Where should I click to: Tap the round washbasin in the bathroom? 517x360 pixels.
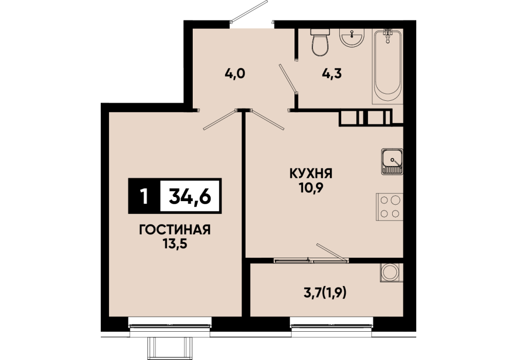click(352, 37)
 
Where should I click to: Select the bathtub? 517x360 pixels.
click(387, 66)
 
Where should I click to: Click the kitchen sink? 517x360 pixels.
click(392, 161)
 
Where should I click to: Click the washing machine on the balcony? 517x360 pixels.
click(392, 273)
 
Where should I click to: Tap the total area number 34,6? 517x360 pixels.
click(190, 196)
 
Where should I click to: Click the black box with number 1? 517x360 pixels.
click(144, 196)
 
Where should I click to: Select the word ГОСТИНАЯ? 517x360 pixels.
click(175, 230)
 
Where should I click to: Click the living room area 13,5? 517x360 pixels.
click(175, 244)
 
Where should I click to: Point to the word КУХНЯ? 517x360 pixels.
click(311, 173)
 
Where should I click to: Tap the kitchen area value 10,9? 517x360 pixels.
click(311, 188)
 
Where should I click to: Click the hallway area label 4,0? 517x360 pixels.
click(235, 74)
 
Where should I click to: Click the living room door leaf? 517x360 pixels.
click(220, 119)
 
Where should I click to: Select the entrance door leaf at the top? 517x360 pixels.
click(249, 11)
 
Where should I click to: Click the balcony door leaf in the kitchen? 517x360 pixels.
click(332, 253)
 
